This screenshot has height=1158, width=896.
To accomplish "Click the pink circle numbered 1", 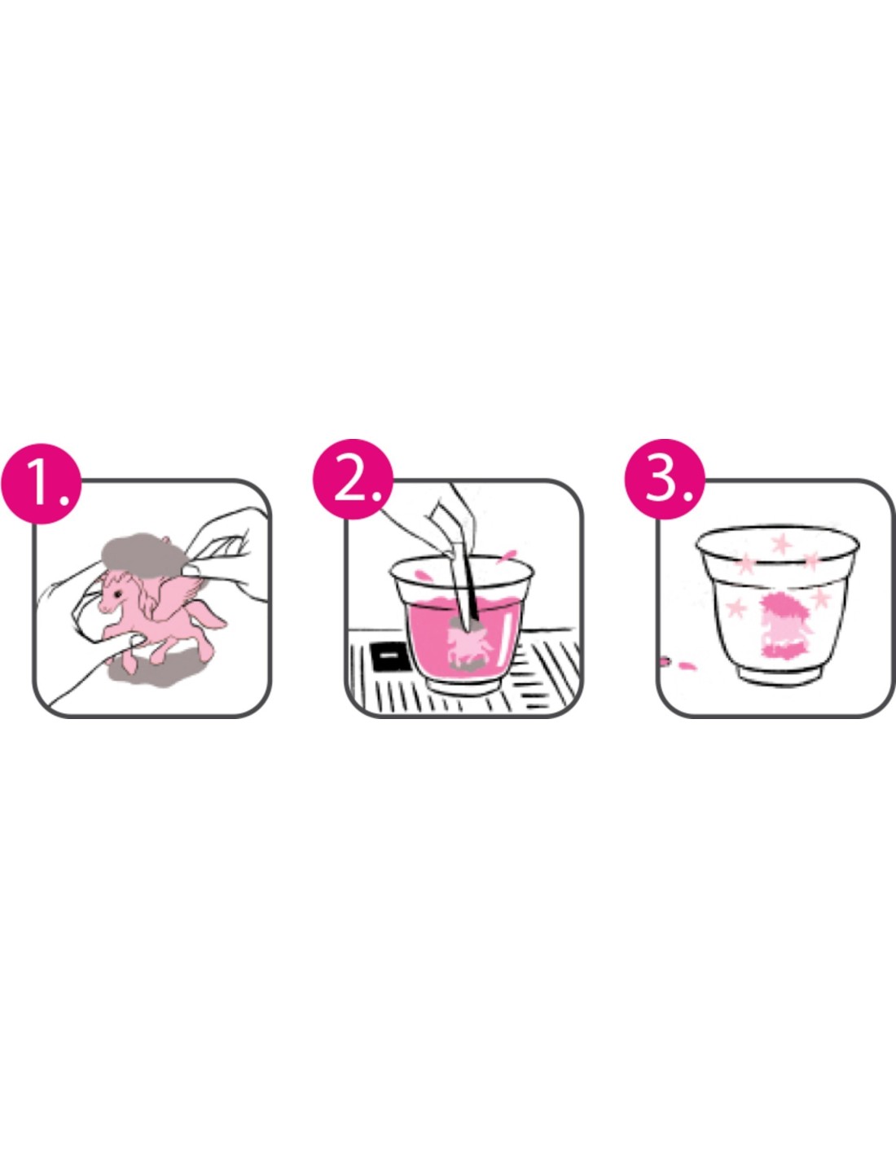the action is tap(41, 484).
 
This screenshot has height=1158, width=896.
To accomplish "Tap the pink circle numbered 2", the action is tap(353, 480).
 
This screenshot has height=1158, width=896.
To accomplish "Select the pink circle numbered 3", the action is tap(665, 480).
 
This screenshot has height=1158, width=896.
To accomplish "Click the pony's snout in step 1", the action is tap(103, 605).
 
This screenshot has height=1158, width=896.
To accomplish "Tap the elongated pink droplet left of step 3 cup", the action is tap(687, 665).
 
